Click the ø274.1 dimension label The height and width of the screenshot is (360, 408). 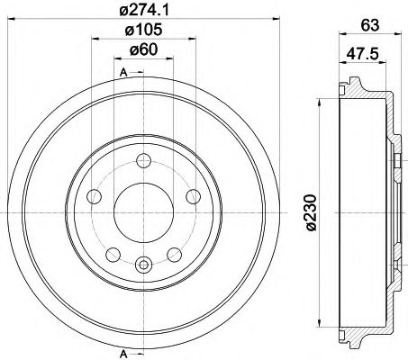pos(144,10)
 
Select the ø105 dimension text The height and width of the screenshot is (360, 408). pos(143,30)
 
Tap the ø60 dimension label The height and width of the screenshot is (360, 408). pos(143,49)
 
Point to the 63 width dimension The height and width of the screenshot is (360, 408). pos(370,25)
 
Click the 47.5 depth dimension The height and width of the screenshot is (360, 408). pos(362,55)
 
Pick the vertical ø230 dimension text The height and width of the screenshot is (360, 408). pos(311,212)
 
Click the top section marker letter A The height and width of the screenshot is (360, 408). pos(123,72)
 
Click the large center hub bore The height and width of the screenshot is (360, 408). pos(143,212)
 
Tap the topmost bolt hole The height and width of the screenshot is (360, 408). pos(143,161)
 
